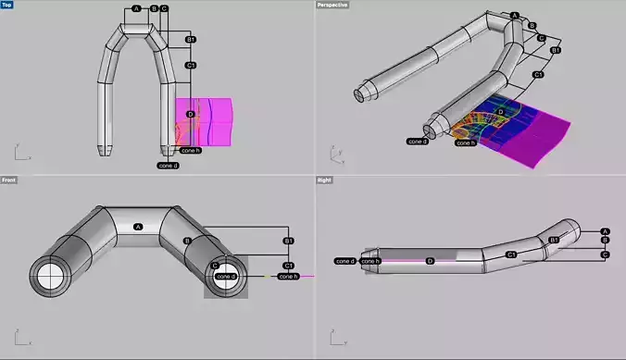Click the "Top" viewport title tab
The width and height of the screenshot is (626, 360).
coord(7,5)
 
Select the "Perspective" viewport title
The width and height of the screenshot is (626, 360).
coord(333,5)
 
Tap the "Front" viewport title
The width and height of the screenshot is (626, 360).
coord(8,180)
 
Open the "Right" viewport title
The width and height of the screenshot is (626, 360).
coord(324,180)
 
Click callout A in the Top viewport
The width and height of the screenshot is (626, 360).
coord(137,8)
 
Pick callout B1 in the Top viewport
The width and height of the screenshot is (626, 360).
coord(191,40)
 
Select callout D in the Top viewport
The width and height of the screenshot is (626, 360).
coord(190,114)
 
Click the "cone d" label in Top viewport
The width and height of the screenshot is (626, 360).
coord(168,166)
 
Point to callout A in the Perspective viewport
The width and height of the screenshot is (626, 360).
coord(515,16)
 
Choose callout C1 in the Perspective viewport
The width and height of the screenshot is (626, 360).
coord(538,74)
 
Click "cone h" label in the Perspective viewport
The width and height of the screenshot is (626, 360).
coord(466,143)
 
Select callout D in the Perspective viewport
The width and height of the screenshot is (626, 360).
coord(501,112)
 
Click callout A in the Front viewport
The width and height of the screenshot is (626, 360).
coord(138,227)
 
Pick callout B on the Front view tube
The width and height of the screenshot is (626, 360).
coord(187,241)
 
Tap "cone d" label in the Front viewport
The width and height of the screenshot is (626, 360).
coord(226,276)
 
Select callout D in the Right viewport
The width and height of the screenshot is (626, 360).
coord(430,261)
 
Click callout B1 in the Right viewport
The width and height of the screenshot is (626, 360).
coord(554,240)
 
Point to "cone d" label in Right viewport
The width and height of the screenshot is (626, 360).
coord(345,261)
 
